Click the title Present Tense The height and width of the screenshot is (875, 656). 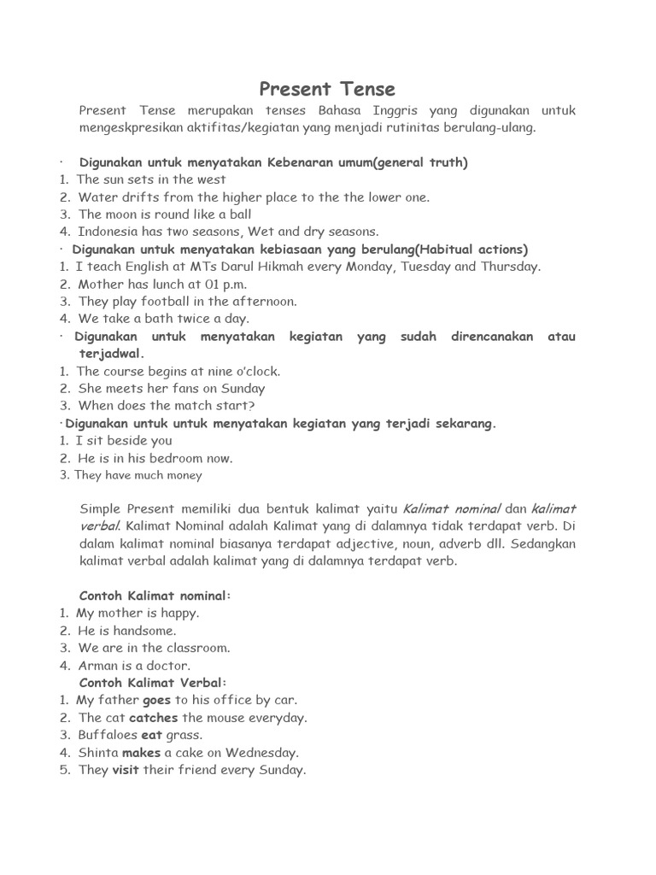tap(327, 89)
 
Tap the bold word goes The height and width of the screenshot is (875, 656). tap(157, 700)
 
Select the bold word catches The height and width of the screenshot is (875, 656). tap(154, 718)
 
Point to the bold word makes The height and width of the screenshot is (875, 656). tap(141, 753)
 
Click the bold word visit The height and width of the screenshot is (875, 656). tap(126, 770)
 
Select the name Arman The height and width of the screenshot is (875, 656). tap(98, 666)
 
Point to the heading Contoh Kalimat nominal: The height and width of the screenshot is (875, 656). tap(155, 596)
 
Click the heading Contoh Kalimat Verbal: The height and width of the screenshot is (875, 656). tap(153, 683)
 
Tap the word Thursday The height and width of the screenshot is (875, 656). tap(508, 267)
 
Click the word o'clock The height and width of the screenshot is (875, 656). tap(254, 372)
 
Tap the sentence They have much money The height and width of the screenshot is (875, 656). tap(138, 475)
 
